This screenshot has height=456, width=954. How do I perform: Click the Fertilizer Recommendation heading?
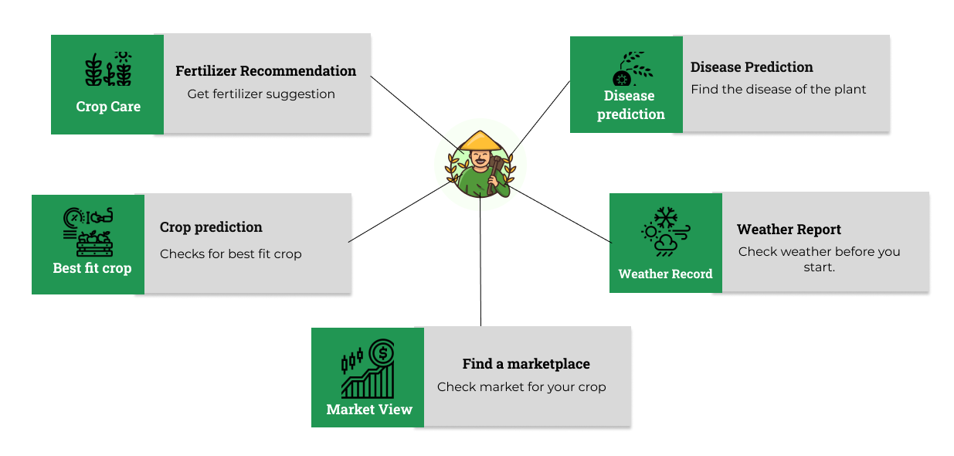click(266, 71)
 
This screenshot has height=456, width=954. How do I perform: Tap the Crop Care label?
click(108, 107)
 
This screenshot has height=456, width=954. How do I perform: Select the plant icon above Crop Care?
click(108, 70)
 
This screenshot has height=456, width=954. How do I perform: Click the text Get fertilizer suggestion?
click(261, 94)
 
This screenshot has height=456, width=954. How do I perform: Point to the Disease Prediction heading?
click(752, 67)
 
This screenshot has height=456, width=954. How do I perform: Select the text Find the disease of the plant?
click(778, 90)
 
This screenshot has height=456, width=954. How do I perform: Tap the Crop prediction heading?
click(211, 227)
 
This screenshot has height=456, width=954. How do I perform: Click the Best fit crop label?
click(92, 268)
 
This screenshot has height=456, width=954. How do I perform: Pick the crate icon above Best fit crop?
click(94, 244)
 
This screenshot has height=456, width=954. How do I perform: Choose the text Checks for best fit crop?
click(230, 254)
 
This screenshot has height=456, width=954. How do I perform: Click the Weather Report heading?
click(789, 230)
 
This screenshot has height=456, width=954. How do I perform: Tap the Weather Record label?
click(665, 274)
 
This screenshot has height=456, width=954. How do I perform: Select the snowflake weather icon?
click(665, 216)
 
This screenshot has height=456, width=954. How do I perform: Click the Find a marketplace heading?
click(526, 364)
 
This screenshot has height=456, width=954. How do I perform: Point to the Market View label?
click(369, 410)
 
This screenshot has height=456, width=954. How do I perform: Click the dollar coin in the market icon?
click(381, 354)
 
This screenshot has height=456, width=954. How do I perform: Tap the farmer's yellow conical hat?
click(480, 141)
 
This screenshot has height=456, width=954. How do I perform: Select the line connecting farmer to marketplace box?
click(480, 263)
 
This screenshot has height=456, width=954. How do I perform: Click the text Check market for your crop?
click(521, 387)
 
